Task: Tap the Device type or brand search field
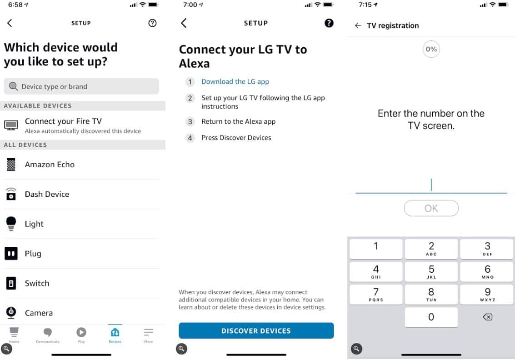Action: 81,86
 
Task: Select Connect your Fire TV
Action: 82,125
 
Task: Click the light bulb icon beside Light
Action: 11,224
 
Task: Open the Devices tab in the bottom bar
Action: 115,335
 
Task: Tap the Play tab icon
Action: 81,332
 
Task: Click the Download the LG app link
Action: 235,81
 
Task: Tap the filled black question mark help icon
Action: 329,23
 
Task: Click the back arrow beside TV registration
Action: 358,25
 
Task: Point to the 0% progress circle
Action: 431,49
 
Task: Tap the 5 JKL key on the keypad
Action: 431,272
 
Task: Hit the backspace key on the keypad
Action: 487,317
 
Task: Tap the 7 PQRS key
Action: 376,295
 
